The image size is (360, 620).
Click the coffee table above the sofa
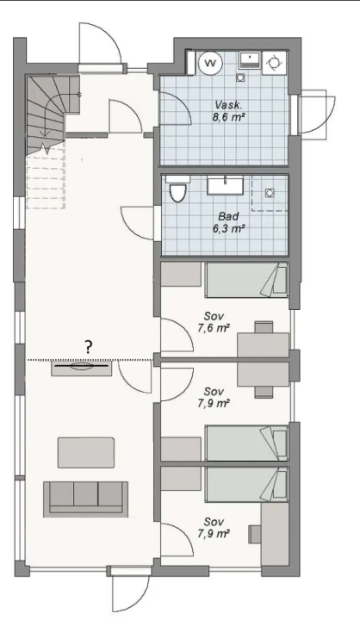click(x=85, y=450)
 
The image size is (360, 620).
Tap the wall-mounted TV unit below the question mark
click(x=81, y=368)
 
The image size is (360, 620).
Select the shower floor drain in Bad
click(x=270, y=194)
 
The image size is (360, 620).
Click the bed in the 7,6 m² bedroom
click(x=245, y=280)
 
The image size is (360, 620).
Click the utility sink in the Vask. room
click(x=249, y=59)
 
